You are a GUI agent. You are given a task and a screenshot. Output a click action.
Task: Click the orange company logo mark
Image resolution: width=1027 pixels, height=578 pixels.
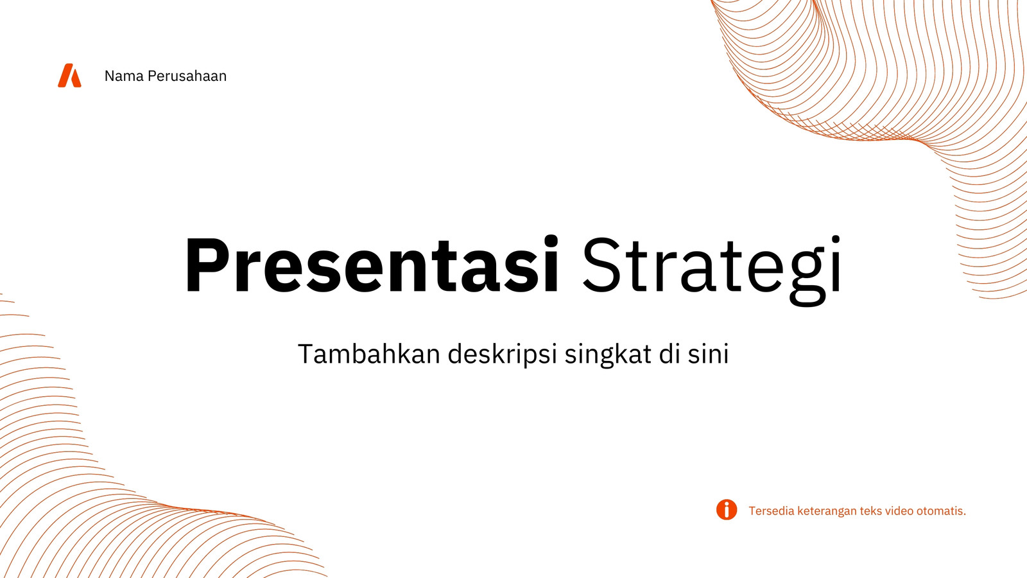69,75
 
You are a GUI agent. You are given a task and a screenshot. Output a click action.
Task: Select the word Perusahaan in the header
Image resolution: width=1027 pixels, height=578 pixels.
187,76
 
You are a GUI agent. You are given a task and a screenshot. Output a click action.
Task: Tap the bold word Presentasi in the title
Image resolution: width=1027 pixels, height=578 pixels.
372,265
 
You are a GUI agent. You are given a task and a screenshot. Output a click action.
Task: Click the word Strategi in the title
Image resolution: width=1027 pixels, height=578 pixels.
712,270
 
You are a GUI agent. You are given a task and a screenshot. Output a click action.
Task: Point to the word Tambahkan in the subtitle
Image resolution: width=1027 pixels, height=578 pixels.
369,354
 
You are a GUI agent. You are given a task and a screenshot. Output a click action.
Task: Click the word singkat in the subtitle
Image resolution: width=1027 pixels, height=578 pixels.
608,355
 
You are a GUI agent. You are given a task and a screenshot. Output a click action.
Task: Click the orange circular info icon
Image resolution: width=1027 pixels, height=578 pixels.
727,510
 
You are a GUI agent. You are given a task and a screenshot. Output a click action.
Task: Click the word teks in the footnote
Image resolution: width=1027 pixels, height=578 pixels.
870,511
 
